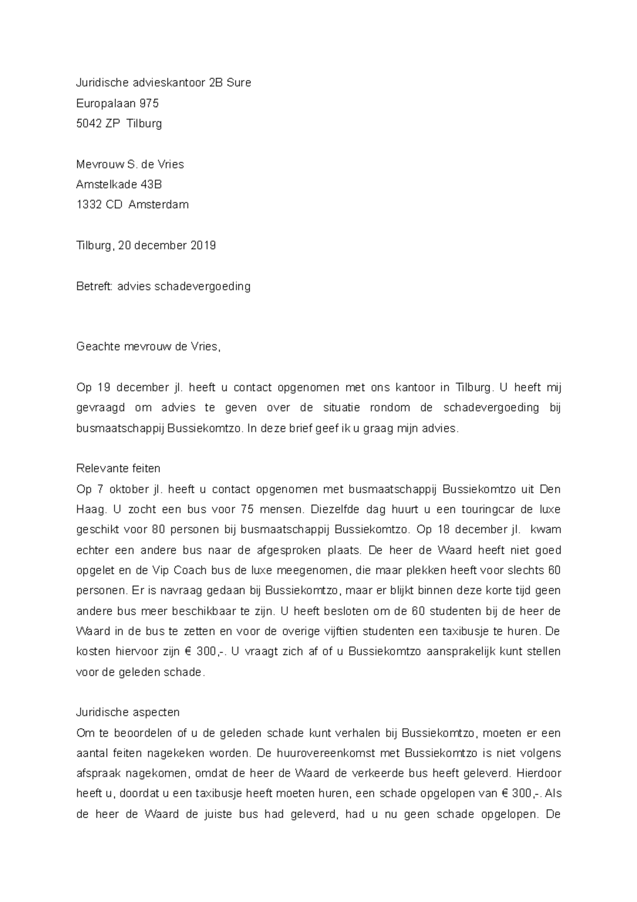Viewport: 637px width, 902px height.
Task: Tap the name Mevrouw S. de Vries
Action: click(130, 164)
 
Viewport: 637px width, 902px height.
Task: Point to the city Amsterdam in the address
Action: click(158, 205)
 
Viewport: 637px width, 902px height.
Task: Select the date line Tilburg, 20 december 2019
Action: click(146, 245)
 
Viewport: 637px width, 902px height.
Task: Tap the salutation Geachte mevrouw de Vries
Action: click(148, 347)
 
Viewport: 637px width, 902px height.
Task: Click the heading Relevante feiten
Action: click(118, 469)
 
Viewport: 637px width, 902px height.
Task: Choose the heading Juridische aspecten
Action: click(128, 712)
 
